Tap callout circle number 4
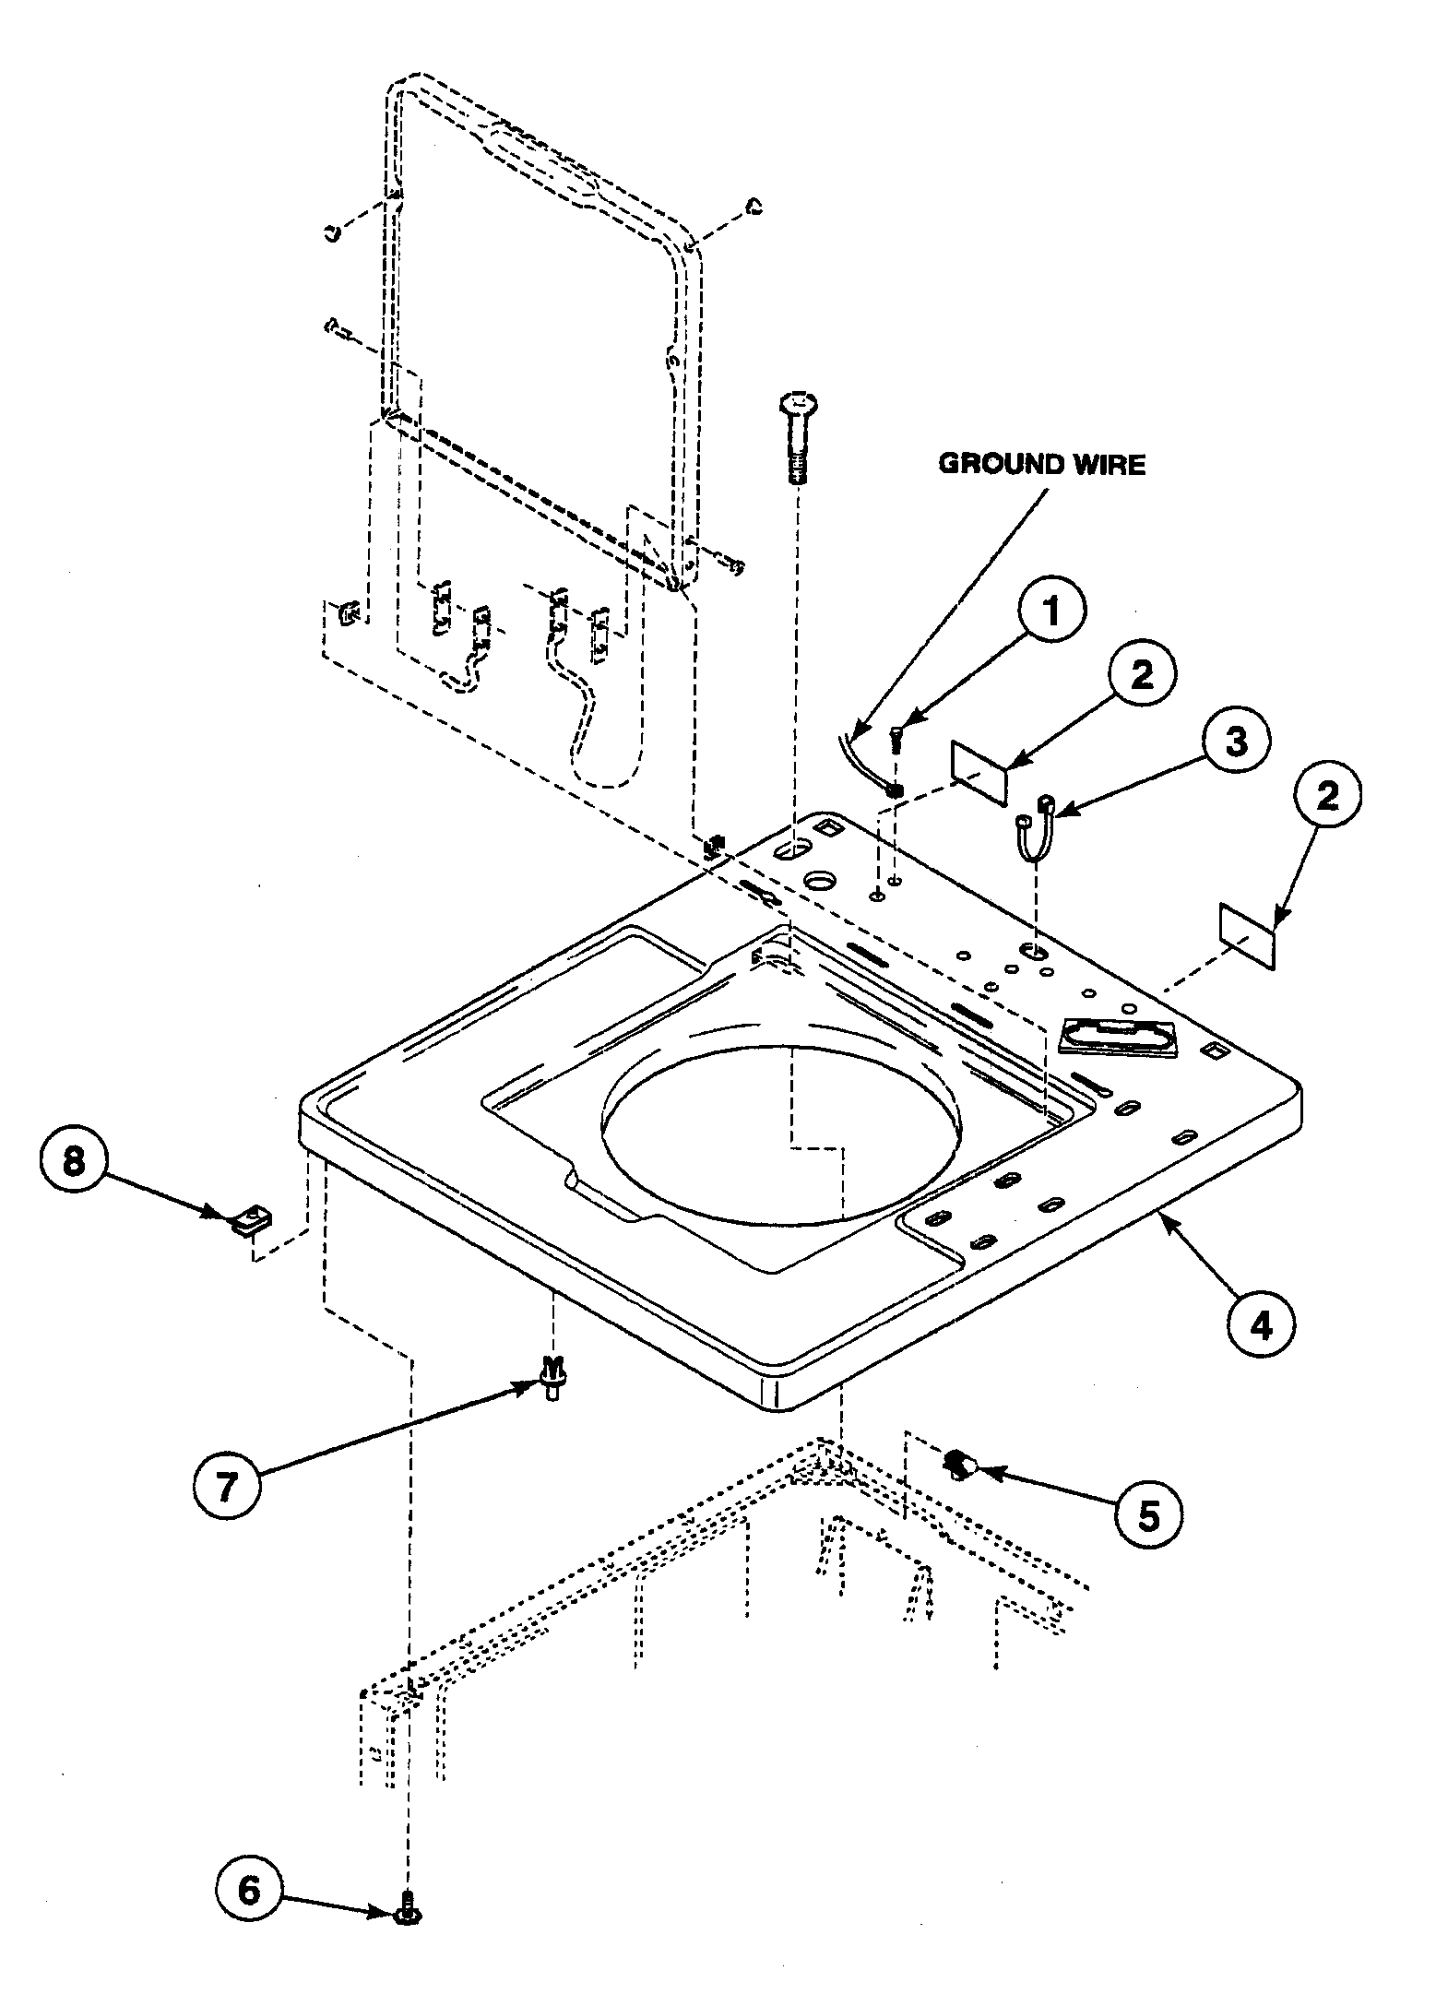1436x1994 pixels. coord(1261,1325)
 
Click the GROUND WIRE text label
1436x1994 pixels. coord(1041,464)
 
